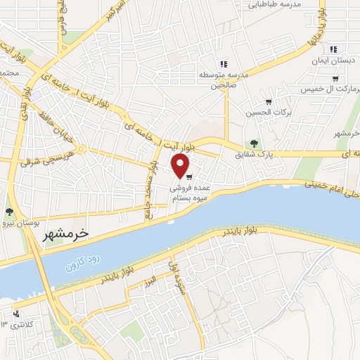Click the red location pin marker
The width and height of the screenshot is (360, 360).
(181, 165)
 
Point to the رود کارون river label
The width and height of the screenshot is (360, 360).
(84, 264)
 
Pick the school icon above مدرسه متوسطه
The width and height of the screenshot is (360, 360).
(224, 64)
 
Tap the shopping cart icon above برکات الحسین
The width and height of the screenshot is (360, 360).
(268, 102)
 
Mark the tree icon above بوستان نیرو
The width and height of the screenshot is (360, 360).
(8, 211)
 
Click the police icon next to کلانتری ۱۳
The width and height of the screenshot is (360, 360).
(17, 314)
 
